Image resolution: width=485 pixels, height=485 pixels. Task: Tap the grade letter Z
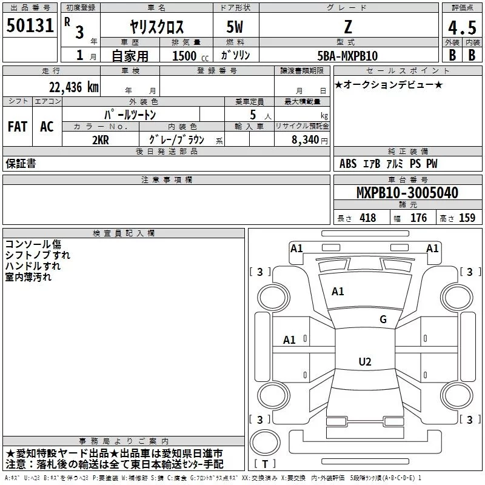[x=348, y=26]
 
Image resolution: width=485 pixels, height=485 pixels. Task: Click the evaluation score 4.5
[x=461, y=28]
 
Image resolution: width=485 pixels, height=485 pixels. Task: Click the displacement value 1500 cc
[x=186, y=56]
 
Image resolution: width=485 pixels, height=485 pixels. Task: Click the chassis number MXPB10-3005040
[x=407, y=193]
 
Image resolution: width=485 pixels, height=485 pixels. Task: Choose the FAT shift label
[x=18, y=126]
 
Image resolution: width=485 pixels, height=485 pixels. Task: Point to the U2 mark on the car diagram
[x=364, y=362]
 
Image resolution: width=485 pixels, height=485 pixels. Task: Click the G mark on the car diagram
[x=383, y=319]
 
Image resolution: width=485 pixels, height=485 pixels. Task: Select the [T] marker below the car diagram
[x=265, y=464]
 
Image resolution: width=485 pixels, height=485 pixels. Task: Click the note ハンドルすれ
[x=33, y=266]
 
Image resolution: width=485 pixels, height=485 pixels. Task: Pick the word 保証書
[x=21, y=164]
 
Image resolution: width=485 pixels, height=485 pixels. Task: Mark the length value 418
[x=367, y=218]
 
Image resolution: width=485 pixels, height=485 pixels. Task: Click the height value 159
[x=467, y=218]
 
